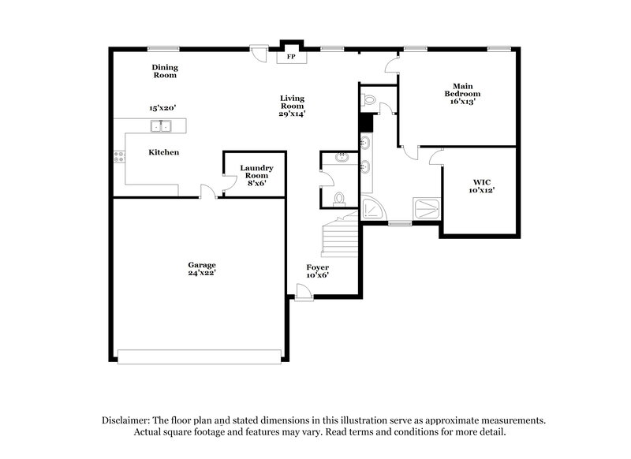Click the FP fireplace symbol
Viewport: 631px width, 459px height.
point(290,57)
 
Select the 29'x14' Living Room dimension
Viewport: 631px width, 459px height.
point(292,114)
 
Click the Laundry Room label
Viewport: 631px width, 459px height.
point(256,172)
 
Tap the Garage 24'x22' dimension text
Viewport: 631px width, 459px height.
point(202,273)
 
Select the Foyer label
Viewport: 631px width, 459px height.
point(317,267)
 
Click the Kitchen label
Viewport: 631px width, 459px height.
point(164,152)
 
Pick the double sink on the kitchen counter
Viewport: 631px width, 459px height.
point(162,125)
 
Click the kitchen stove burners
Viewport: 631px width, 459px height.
point(119,157)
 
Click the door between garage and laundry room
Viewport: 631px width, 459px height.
point(207,192)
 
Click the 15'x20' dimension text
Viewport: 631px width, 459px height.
point(162,108)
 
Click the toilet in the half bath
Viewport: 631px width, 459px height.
point(338,197)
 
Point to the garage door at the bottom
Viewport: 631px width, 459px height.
point(198,356)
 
